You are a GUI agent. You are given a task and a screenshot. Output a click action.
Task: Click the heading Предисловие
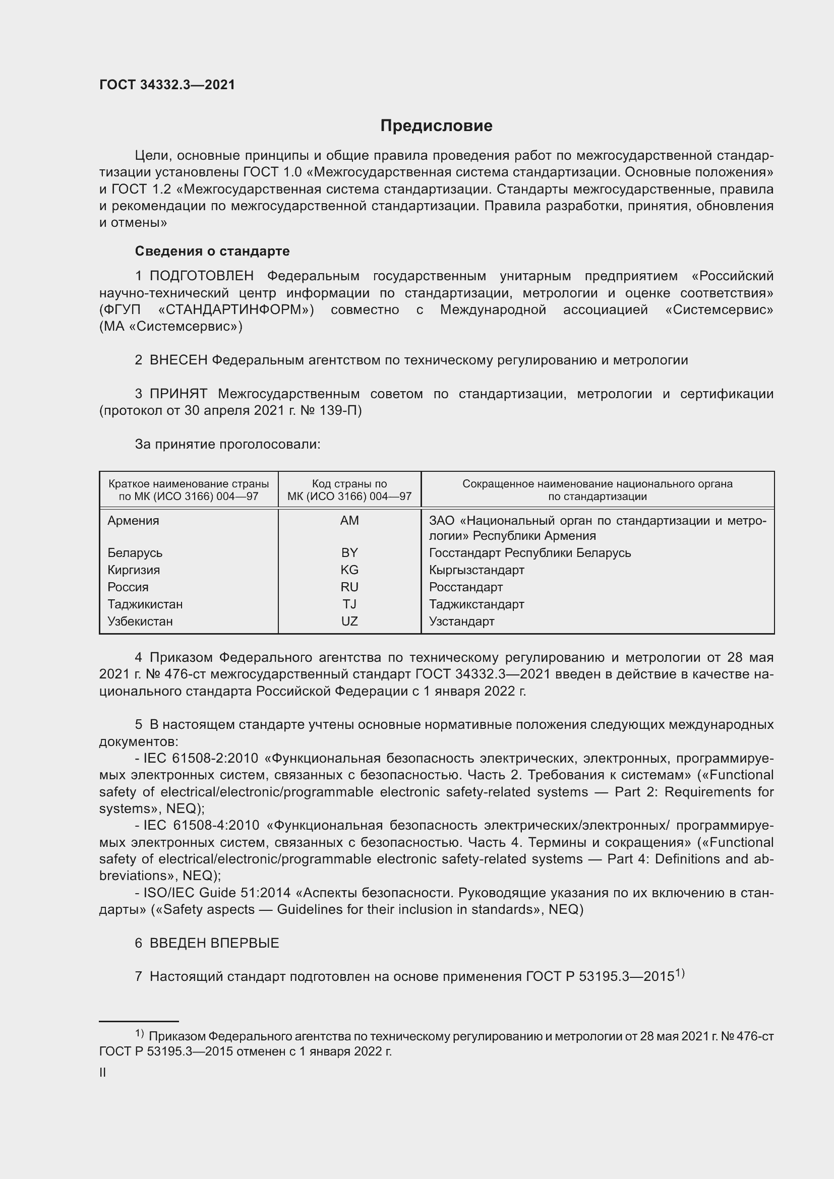(x=436, y=126)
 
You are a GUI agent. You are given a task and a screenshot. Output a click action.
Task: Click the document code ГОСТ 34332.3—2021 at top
(x=167, y=85)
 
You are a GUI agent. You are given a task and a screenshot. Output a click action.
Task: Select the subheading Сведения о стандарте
(x=212, y=251)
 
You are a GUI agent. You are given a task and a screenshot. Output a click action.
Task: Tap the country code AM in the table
(x=349, y=521)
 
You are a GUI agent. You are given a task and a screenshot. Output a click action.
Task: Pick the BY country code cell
(x=349, y=553)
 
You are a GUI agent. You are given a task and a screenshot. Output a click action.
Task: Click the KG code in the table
(x=349, y=570)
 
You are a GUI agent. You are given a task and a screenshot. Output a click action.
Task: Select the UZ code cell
(x=349, y=622)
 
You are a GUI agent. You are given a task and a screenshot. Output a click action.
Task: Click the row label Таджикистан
(x=145, y=604)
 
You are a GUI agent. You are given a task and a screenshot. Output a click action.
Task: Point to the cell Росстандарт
(x=465, y=587)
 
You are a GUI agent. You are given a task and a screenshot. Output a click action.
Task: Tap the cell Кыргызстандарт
(x=476, y=570)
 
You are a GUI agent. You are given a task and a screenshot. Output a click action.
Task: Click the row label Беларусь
(x=135, y=553)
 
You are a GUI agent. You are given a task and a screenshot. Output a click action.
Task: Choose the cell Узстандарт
(x=461, y=622)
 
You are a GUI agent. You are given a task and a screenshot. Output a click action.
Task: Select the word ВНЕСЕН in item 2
(x=178, y=360)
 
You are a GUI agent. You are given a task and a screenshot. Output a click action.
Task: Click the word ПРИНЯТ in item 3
(x=178, y=394)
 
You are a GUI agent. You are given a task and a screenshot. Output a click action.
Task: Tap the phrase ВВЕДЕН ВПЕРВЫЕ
(x=214, y=943)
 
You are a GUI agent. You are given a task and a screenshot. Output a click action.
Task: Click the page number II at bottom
(x=103, y=1073)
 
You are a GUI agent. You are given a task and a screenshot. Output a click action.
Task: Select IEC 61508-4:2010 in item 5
(x=201, y=826)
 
